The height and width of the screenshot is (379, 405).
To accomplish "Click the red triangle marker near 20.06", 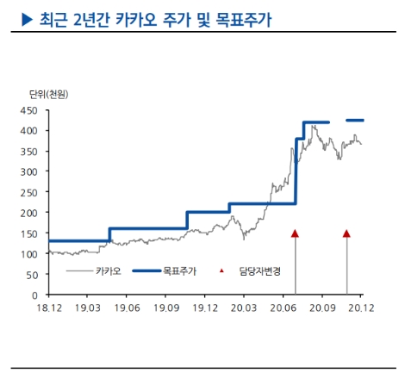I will pos(295,233).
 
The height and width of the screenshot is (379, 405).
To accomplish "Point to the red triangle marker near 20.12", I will pos(346,233).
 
